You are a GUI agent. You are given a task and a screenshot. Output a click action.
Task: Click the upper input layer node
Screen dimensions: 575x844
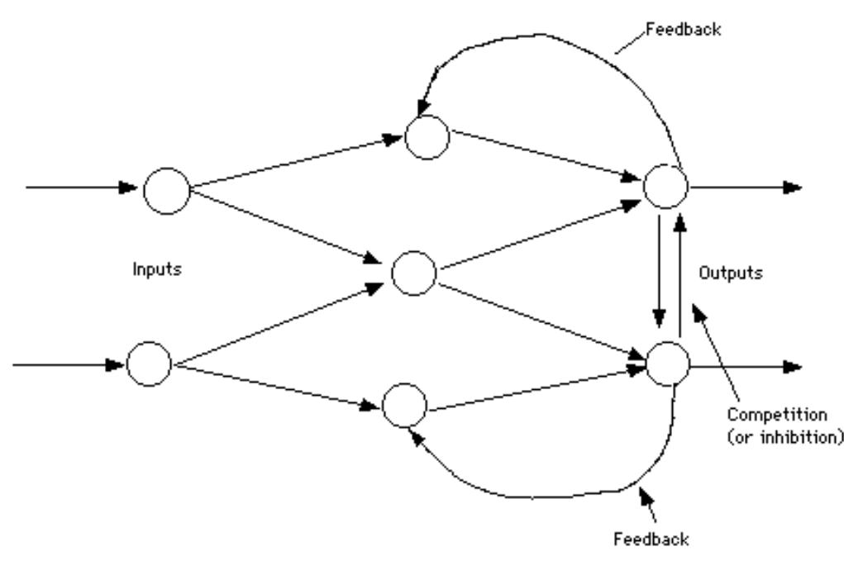click(x=166, y=190)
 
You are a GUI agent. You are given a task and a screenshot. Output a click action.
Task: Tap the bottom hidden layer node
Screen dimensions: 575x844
click(x=405, y=406)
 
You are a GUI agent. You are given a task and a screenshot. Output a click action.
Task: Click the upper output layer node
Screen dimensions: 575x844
click(x=665, y=187)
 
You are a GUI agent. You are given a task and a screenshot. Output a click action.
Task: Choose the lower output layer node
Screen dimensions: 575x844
click(x=668, y=364)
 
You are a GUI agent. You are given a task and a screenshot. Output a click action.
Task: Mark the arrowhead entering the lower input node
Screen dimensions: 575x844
click(x=117, y=363)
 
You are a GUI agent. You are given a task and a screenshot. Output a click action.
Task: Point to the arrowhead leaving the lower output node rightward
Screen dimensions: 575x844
click(x=793, y=365)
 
